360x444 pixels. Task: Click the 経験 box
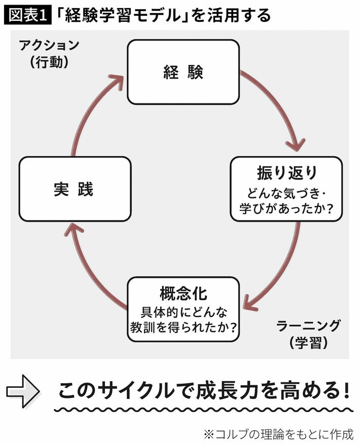point(183,72)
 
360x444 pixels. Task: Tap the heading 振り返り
point(287,173)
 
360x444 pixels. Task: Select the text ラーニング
point(308,325)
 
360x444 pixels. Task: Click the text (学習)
point(308,343)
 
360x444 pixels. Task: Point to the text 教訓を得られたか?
point(183,328)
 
